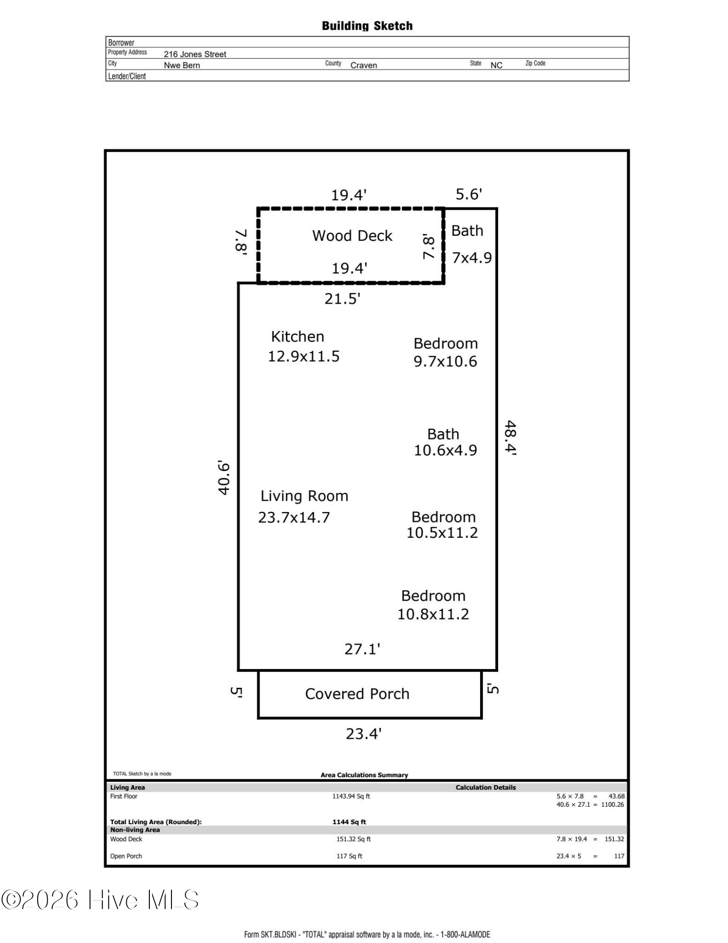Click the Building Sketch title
[367, 26]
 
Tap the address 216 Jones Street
[195, 54]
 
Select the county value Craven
[364, 65]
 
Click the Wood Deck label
[352, 236]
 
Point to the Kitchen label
[298, 337]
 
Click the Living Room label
[304, 496]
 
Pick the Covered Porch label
[357, 694]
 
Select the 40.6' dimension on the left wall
[224, 478]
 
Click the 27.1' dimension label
[362, 649]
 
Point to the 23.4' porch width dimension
[364, 734]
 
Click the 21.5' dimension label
[343, 299]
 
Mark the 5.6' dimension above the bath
[469, 194]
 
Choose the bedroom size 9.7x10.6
[445, 362]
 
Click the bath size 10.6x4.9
[445, 450]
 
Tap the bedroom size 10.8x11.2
[433, 614]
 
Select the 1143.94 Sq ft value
[352, 796]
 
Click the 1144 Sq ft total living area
[349, 822]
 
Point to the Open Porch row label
[126, 856]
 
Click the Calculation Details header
[486, 787]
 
